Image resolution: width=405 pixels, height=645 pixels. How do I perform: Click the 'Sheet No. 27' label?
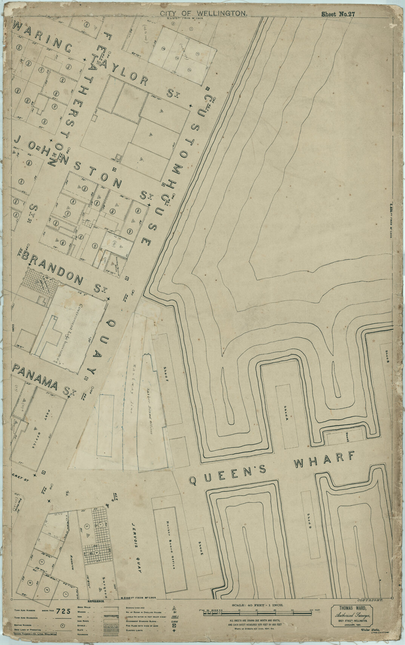pyautogui.click(x=338, y=14)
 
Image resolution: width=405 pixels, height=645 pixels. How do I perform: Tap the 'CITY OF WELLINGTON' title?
pyautogui.click(x=204, y=14)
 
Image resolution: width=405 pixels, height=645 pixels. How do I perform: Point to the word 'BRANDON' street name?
pyautogui.click(x=52, y=268)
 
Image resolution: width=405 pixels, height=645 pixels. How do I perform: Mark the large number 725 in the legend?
pyautogui.click(x=63, y=612)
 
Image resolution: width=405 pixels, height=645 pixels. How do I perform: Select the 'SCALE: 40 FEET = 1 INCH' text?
pyautogui.click(x=260, y=603)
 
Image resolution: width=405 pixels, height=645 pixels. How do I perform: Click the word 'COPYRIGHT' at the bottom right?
pyautogui.click(x=370, y=600)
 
